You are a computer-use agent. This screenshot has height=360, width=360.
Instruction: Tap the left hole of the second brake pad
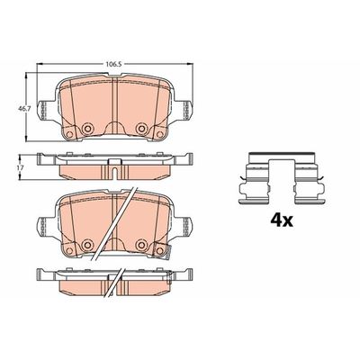[x=87, y=246]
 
